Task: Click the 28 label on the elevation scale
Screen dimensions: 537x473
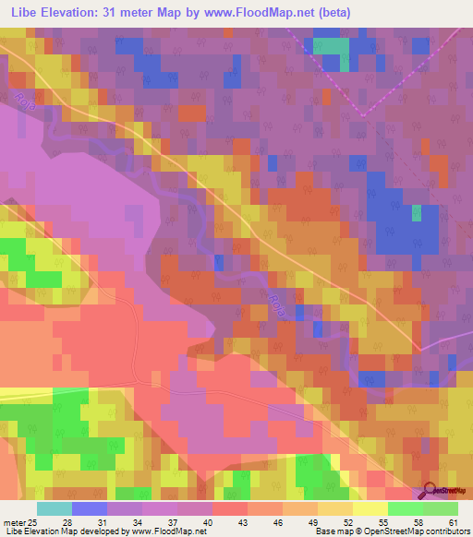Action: point(67,523)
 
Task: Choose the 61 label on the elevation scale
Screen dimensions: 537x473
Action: point(453,523)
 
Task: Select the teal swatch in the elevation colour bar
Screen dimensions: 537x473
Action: point(55,508)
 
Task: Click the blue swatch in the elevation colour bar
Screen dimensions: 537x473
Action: point(90,508)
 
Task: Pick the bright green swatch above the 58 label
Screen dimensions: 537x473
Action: point(406,508)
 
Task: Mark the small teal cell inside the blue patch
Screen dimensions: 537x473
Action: point(416,213)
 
